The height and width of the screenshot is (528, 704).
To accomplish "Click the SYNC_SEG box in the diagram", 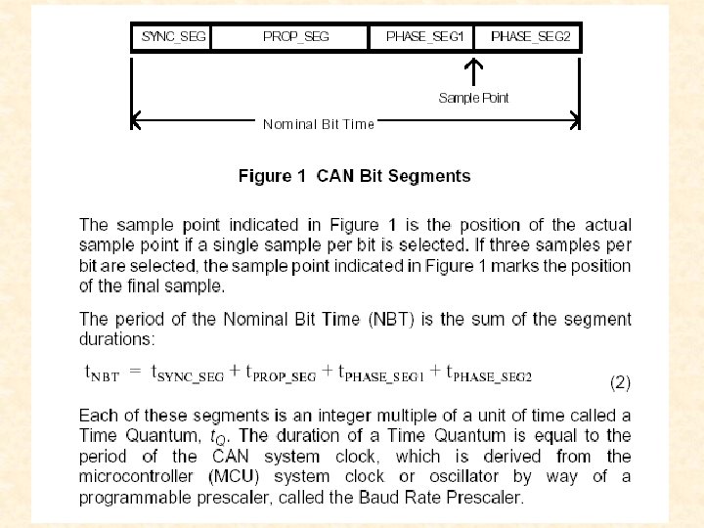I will click(171, 37).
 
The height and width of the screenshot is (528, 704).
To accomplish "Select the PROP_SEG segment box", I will click(290, 37).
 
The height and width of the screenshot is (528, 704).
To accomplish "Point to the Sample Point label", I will click(474, 98).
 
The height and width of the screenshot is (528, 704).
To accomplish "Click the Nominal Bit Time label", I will click(319, 124).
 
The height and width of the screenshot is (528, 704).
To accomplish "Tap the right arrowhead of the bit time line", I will click(575, 121).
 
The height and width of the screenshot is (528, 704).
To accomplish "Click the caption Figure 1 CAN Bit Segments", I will click(354, 177).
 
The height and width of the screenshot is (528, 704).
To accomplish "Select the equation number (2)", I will click(621, 380).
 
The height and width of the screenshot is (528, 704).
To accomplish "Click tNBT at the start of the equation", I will click(100, 374).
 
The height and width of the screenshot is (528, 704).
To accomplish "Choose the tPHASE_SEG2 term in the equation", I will click(489, 374).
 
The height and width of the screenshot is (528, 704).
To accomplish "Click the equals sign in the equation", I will click(136, 373).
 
